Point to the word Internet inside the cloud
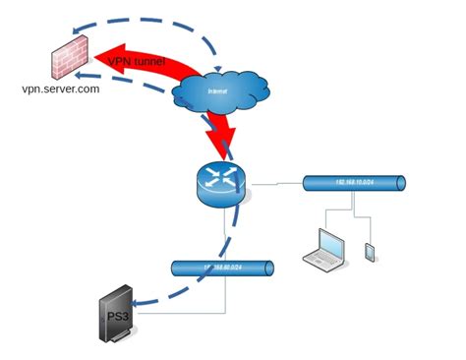(x=218, y=93)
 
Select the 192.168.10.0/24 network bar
(x=354, y=184)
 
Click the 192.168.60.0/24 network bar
(x=221, y=268)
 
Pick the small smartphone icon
(x=371, y=252)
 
